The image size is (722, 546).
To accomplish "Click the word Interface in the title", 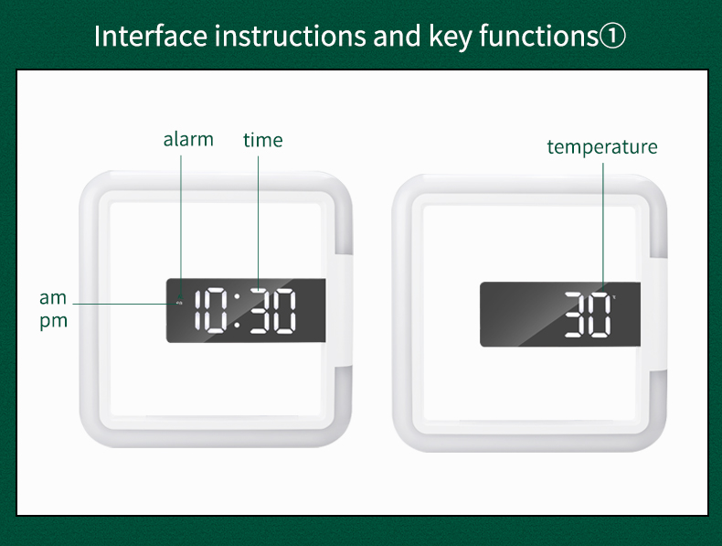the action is tap(151, 36).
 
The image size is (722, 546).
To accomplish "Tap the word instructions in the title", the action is tap(291, 36).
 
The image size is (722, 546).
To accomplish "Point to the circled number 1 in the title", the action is tap(613, 37).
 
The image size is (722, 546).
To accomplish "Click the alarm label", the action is tap(188, 139).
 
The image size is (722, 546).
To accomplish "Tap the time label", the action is tap(263, 140).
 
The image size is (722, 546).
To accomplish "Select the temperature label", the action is tap(602, 147).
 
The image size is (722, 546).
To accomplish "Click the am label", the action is tap(53, 298).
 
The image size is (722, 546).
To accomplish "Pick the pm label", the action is tap(53, 321).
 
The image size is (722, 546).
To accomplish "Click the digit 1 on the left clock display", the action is tap(198, 310).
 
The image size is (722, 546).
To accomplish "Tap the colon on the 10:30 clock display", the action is tap(237, 311).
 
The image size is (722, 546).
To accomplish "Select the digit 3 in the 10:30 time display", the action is tap(260, 311).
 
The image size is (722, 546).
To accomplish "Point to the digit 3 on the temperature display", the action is tap(576, 315).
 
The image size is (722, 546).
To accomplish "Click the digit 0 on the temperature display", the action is tap(600, 315).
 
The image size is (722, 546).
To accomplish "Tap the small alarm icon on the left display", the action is tap(179, 303).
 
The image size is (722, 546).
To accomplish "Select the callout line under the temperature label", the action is tap(603, 227).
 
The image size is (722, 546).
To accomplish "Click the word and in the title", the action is tap(397, 36).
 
